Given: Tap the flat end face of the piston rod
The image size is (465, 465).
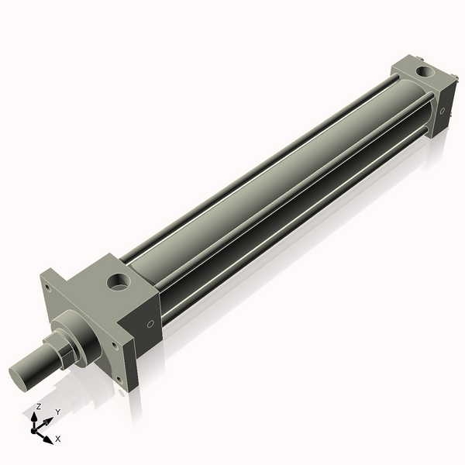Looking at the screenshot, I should (23, 376).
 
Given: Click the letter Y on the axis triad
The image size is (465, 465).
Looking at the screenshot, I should (58, 412).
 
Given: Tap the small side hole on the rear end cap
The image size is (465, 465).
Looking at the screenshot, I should (443, 110).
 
